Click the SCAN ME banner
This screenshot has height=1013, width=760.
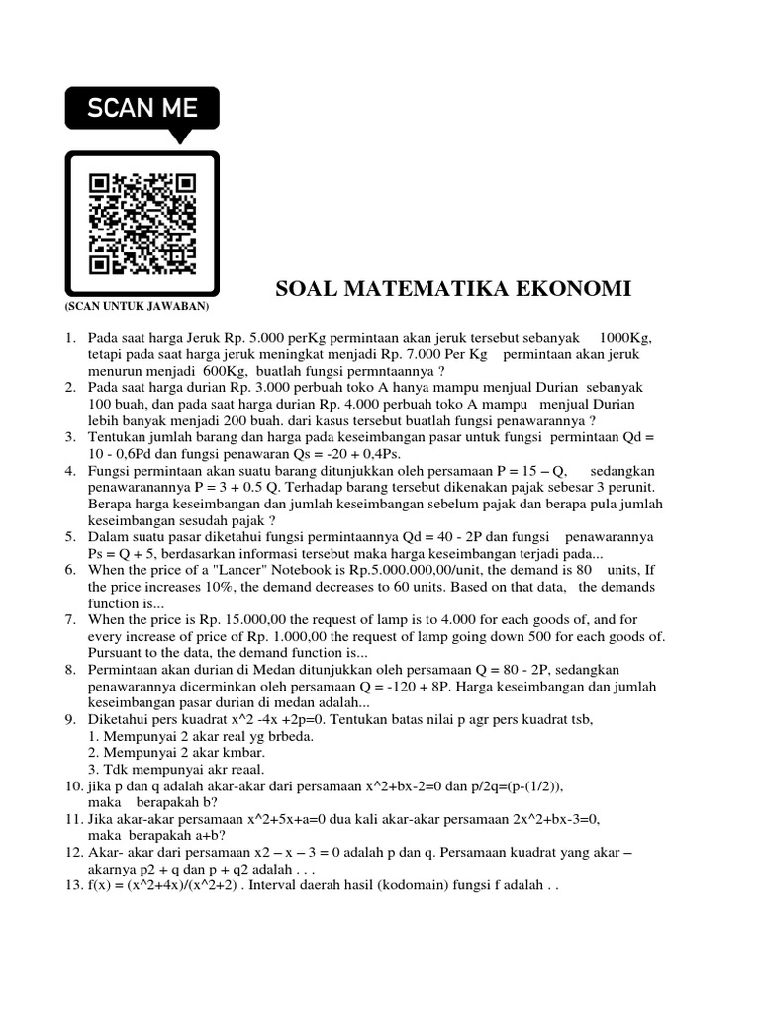[x=142, y=108]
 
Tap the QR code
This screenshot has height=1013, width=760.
[x=142, y=224]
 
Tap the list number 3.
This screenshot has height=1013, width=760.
[x=70, y=436]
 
